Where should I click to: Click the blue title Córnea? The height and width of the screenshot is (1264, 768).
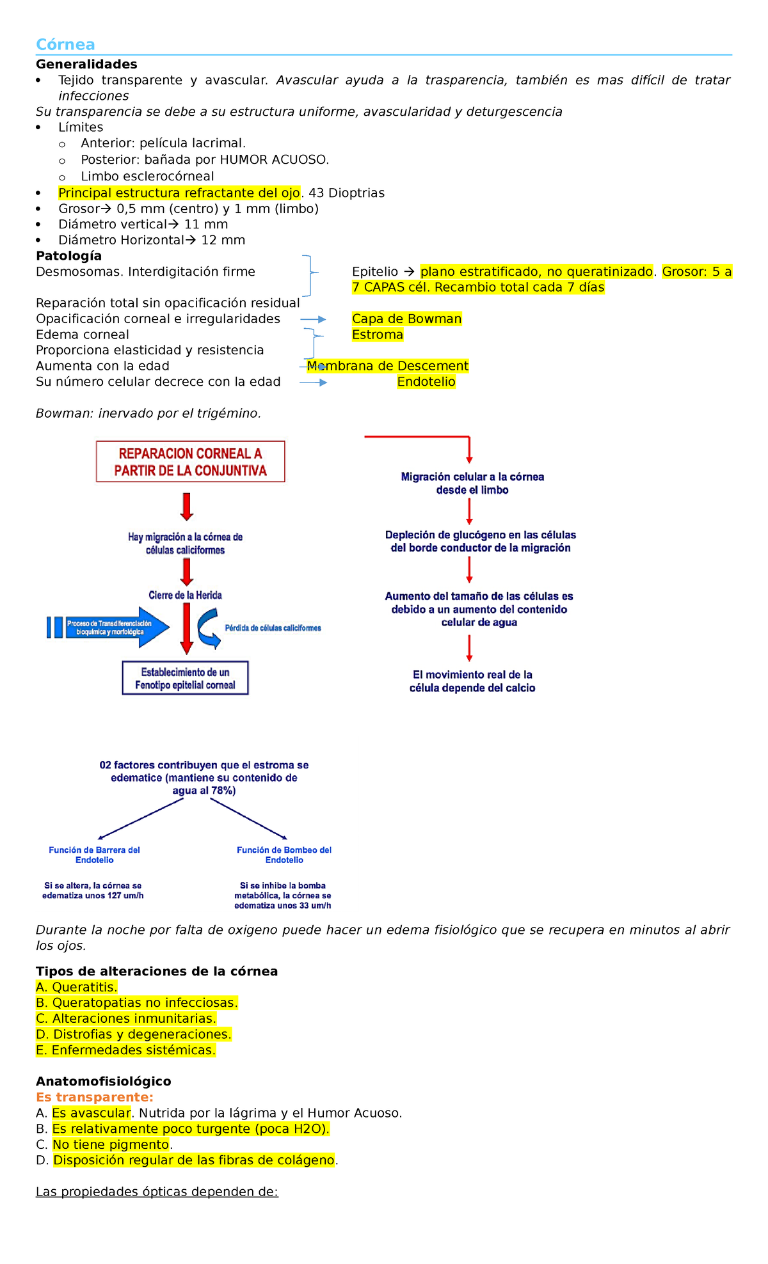point(65,44)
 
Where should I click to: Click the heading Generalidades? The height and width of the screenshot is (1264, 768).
point(86,64)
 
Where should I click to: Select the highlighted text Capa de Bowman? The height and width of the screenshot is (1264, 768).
point(406,319)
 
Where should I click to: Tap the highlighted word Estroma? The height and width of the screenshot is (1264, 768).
point(378,335)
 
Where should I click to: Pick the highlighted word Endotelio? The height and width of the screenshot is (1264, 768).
point(426,382)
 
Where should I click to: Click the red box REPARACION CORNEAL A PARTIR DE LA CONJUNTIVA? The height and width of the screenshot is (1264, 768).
point(190,461)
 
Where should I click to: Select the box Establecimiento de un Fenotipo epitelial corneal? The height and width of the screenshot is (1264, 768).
point(185,678)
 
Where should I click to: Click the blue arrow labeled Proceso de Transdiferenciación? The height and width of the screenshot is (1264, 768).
point(109,628)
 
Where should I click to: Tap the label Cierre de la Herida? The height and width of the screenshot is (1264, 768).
point(185,595)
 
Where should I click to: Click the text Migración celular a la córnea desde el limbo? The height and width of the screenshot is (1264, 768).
point(472,483)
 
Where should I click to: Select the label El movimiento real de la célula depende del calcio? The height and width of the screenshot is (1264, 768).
point(472,681)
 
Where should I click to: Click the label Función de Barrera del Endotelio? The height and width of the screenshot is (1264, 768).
point(94,855)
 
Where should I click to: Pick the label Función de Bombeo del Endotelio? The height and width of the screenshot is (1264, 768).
point(284,855)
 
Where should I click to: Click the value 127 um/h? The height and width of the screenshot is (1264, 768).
point(125,896)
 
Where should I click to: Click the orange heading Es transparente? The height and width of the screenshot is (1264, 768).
point(95,1097)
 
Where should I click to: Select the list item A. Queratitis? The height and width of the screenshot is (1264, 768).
point(77,987)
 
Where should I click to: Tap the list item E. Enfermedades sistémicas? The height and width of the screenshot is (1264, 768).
point(126,1050)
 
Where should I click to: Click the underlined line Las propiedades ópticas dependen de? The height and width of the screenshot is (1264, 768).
point(157,1191)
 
